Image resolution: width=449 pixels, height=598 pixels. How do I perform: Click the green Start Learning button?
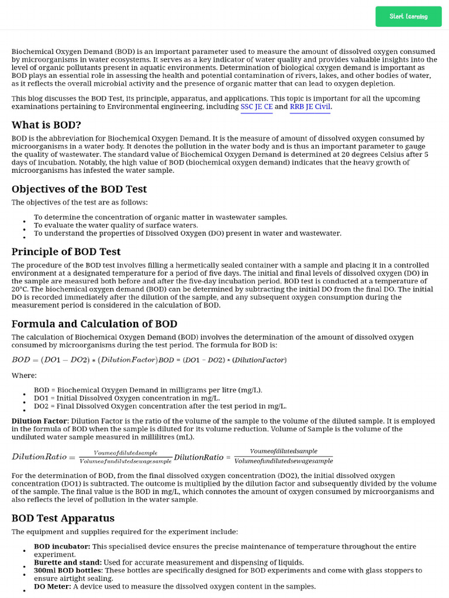(408, 16)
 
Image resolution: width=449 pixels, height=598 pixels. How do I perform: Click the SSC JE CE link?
(256, 107)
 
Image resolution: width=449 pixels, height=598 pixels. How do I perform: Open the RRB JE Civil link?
(310, 107)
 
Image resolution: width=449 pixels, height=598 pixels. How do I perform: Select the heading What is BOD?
(46, 125)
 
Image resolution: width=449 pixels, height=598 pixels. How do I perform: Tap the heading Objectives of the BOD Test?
(79, 189)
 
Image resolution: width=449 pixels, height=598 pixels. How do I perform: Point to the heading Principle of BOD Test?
(66, 252)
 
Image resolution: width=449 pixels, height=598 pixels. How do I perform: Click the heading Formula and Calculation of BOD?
(94, 324)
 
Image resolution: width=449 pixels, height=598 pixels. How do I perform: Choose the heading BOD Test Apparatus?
(63, 518)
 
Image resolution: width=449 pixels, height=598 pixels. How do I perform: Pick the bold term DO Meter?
(52, 586)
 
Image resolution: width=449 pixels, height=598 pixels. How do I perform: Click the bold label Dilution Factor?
(40, 421)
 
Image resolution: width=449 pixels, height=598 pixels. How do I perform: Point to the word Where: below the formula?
(24, 376)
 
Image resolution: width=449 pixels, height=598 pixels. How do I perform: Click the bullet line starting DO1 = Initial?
(127, 398)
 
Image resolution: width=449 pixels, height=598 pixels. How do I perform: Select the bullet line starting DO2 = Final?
(160, 406)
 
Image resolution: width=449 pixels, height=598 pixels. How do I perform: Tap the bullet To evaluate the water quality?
(116, 225)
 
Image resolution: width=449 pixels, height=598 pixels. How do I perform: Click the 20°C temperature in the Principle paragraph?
(20, 289)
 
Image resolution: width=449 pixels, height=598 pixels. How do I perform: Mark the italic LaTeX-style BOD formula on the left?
(85, 359)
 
